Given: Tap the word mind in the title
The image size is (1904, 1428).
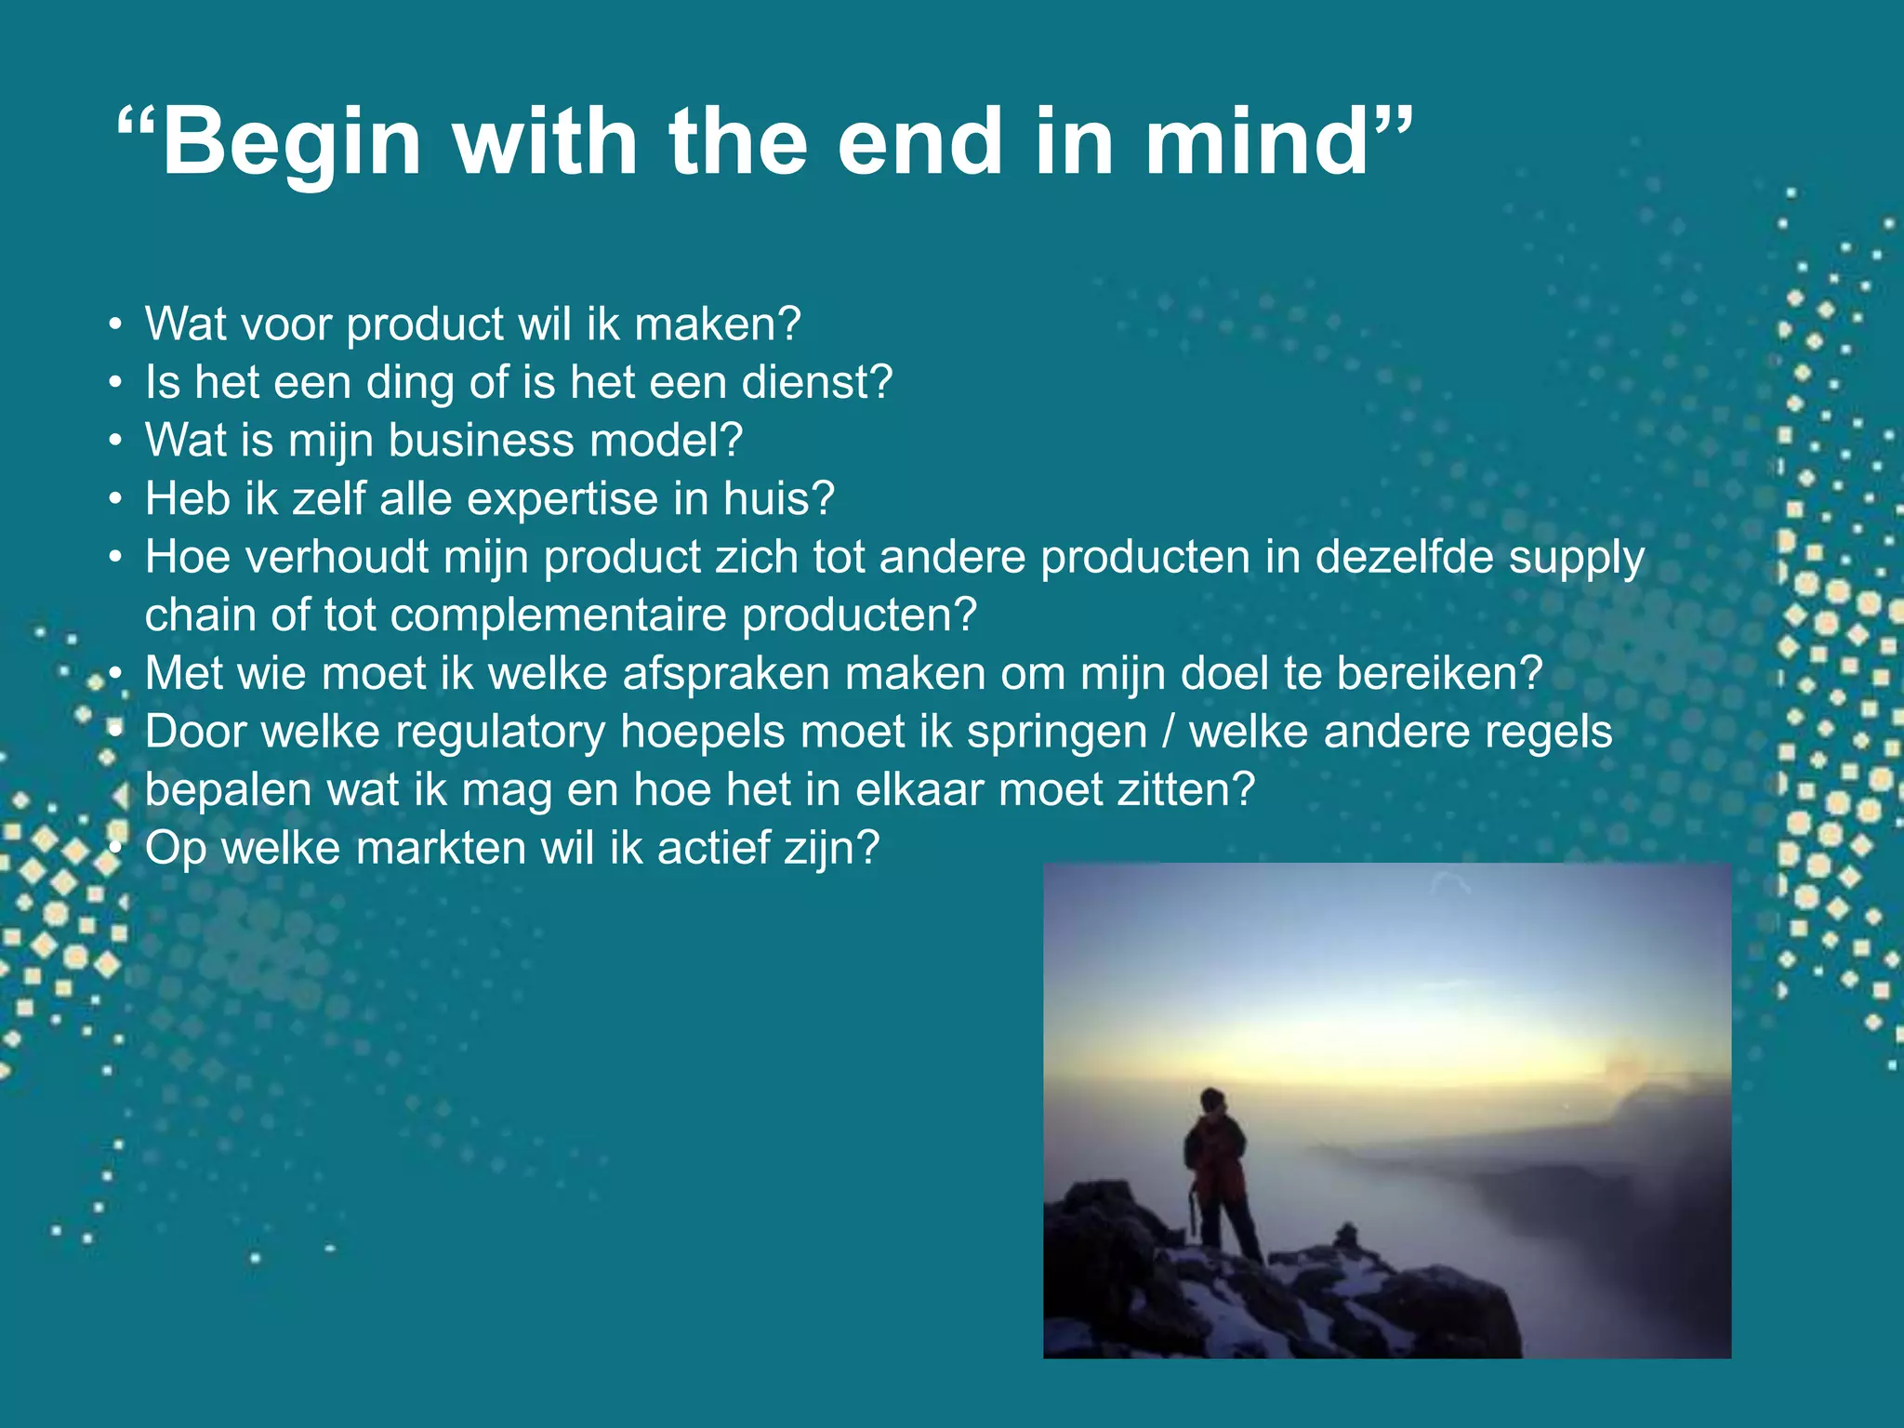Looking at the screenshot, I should tap(1256, 141).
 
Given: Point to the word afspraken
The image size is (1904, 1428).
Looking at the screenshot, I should tap(725, 674).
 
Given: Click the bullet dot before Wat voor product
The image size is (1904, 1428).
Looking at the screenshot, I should tap(114, 325).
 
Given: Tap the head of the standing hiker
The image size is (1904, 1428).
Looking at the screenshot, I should tap(1212, 1100).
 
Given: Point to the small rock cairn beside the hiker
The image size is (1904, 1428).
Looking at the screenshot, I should tap(1345, 1236).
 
